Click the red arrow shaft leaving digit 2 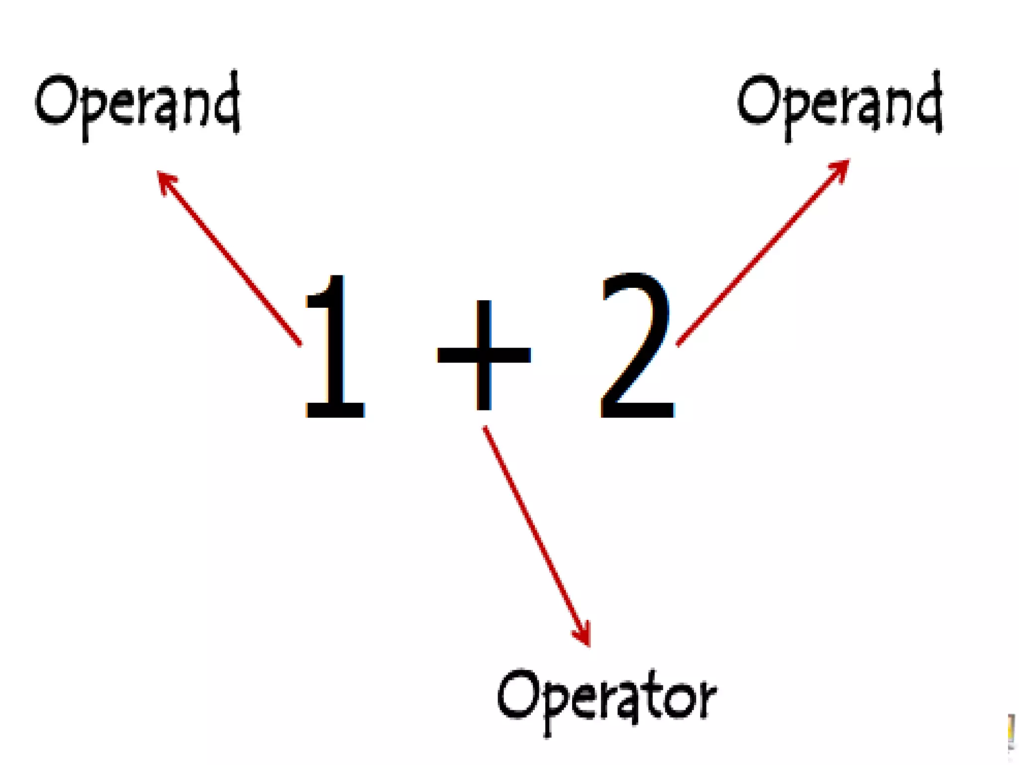761,254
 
